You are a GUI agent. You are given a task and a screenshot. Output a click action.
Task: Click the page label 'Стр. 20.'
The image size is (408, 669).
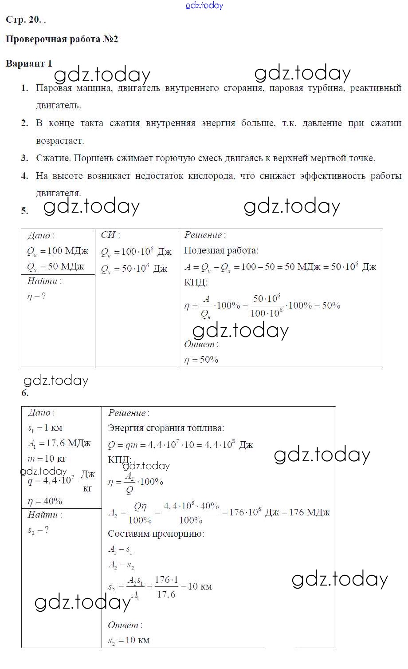(23, 20)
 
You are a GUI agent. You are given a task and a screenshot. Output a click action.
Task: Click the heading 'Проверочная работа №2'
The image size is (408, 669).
(62, 39)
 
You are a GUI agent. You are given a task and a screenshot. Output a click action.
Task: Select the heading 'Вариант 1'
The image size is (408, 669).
(29, 63)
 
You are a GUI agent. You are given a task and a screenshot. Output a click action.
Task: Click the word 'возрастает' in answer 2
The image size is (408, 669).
(59, 141)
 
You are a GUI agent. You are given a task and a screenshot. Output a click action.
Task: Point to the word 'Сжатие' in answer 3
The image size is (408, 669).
(53, 158)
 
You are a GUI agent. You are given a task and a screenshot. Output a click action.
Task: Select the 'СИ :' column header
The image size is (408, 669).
(110, 235)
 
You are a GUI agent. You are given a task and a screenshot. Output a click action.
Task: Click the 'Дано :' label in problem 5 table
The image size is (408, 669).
(41, 236)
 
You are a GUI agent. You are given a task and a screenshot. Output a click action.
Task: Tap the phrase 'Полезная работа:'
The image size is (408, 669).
(221, 250)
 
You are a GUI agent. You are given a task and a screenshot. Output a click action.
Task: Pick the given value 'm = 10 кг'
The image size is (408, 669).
(47, 459)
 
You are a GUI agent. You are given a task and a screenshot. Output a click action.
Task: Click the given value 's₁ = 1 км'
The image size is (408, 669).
(45, 428)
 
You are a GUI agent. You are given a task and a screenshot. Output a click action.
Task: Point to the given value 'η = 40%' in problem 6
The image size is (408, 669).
(45, 501)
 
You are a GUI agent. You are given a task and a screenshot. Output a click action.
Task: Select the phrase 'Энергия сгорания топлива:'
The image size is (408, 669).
(166, 428)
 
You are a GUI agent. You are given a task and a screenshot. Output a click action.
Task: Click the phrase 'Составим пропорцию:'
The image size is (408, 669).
(156, 534)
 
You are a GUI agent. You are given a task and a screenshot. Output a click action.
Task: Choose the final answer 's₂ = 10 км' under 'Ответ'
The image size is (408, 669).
(129, 640)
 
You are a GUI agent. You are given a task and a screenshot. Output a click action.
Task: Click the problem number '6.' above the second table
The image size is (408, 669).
(25, 393)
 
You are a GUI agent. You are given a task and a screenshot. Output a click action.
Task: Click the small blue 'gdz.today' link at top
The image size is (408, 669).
(204, 5)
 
